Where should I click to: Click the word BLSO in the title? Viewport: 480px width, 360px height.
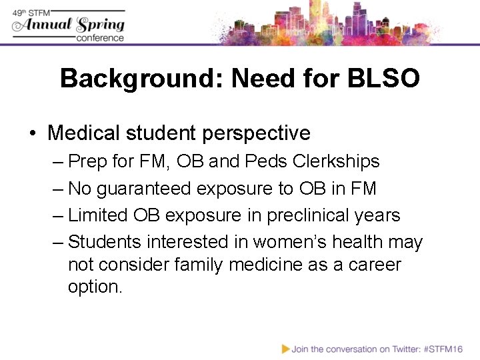[x=383, y=79]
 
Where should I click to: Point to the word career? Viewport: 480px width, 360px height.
[x=374, y=265]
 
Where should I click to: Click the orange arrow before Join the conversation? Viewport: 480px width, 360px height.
[x=286, y=348]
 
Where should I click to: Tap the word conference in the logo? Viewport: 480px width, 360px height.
[x=100, y=38]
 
